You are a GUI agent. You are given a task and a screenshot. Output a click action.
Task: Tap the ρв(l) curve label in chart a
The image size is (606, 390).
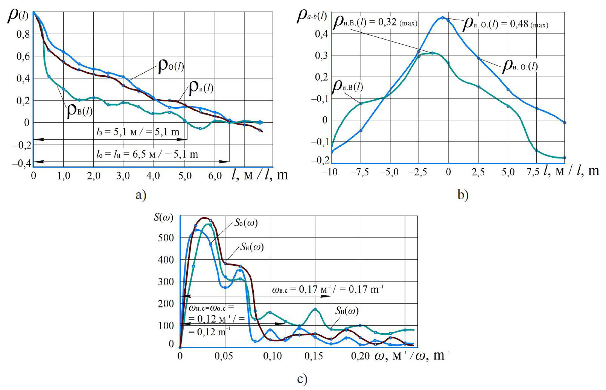tap(80, 111)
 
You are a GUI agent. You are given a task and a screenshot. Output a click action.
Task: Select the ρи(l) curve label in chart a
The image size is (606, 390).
tap(201, 88)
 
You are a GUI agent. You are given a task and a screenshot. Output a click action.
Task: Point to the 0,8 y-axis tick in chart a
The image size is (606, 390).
tap(23, 34)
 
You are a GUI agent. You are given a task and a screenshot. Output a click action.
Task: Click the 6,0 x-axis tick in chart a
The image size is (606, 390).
tap(215, 176)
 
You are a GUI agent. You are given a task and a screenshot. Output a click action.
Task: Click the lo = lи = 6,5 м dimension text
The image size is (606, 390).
tap(147, 154)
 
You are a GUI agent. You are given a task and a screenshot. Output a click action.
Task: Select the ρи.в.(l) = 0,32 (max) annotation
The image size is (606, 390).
tap(375, 23)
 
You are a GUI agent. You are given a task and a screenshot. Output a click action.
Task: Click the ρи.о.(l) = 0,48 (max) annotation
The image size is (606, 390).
tap(505, 24)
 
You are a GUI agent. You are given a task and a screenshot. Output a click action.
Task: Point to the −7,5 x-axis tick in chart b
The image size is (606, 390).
tap(359, 172)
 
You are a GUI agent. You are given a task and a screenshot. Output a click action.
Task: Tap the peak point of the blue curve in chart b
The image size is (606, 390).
tap(443, 18)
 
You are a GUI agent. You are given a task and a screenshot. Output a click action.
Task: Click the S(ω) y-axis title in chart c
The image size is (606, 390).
tap(163, 217)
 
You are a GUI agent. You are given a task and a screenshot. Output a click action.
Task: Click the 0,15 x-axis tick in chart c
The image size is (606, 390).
tap(314, 356)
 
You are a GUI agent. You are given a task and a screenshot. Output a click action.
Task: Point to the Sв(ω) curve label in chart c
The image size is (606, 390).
tap(347, 311)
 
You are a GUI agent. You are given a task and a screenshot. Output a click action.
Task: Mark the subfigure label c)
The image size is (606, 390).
tap(302, 379)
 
